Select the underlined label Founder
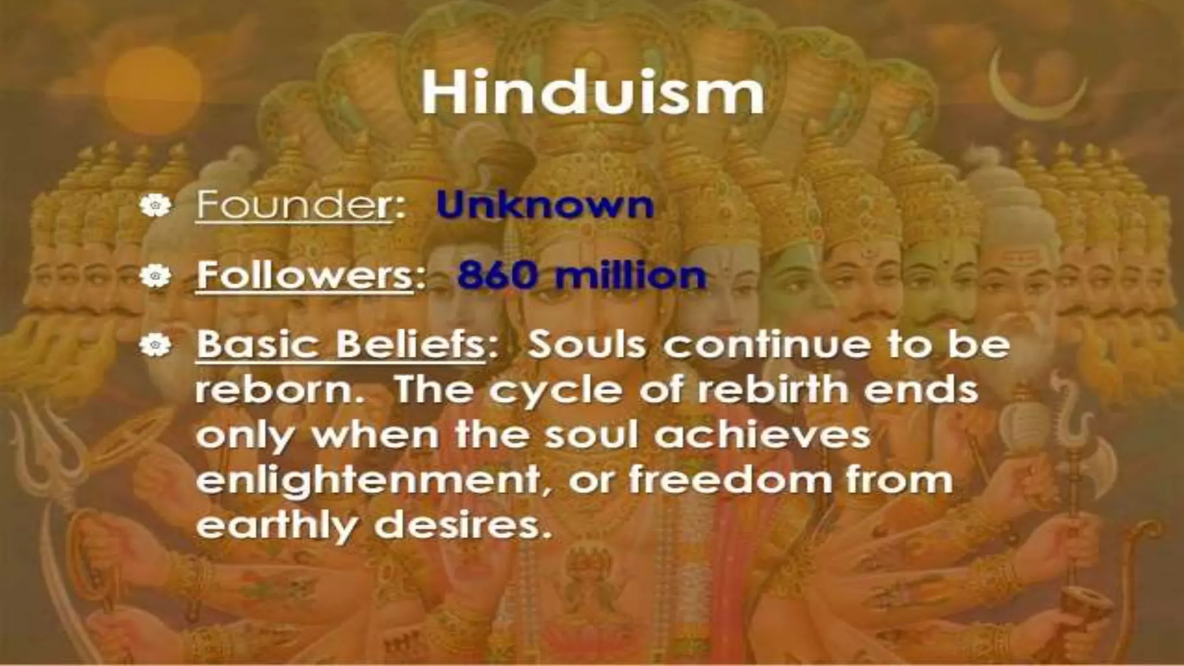[294, 205]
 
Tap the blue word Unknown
[545, 205]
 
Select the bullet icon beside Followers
[155, 276]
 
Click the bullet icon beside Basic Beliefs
[155, 345]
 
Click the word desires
[460, 525]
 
